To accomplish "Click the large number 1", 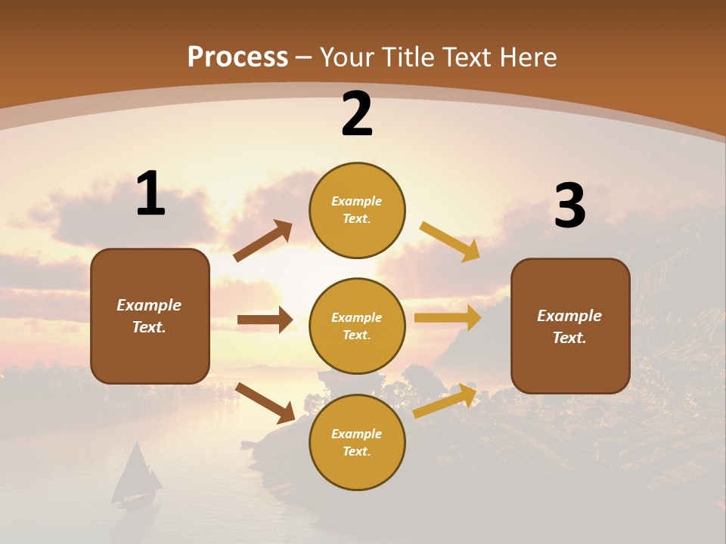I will pos(150,193).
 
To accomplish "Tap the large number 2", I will pos(357,114).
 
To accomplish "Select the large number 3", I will pos(570,206).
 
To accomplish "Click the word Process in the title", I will pos(237,57).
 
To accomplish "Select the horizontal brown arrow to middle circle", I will pos(265,320).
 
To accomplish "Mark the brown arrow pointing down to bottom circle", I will pos(265,403).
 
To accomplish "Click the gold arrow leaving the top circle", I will pos(450,241).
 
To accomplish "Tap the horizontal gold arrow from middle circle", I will pos(448,318).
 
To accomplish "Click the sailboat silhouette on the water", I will pos(136,476).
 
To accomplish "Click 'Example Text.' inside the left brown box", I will pos(149,316).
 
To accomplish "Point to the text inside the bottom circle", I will pos(357,442).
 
